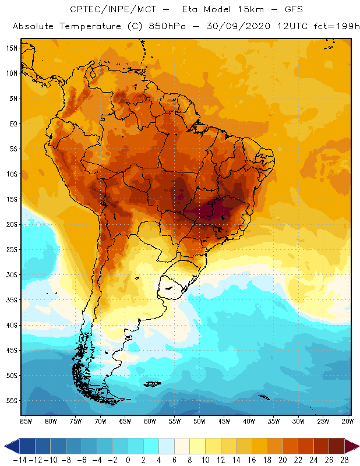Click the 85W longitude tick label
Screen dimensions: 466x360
(26, 421)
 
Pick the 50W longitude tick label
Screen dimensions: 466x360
(199, 421)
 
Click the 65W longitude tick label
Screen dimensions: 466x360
(125, 421)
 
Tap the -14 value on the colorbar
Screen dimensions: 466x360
(20, 460)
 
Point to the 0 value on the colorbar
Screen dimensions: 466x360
(128, 460)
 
